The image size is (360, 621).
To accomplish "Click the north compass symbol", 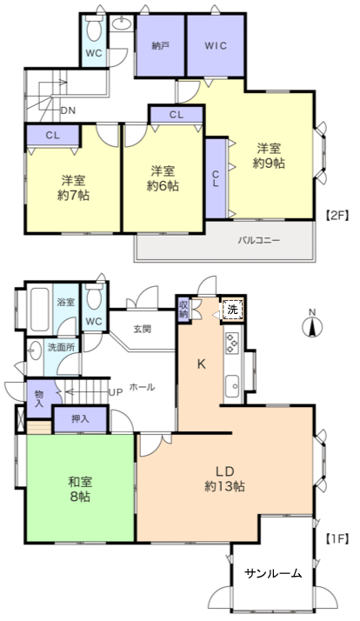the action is (x=312, y=324).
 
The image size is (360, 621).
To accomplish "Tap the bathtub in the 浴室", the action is (x=40, y=309).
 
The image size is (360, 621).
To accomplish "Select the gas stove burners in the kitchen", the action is (x=231, y=343).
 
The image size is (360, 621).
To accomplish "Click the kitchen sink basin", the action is (x=232, y=385).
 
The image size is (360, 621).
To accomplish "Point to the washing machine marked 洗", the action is (x=232, y=310).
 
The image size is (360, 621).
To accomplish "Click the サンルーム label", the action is (x=273, y=573).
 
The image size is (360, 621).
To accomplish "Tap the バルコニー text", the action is (x=259, y=240).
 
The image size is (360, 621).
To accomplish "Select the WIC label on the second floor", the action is (x=216, y=45).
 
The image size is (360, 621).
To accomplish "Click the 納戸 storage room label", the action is (x=160, y=46).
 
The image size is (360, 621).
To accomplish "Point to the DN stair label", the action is (x=68, y=110).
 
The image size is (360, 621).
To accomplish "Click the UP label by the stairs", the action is (x=116, y=392).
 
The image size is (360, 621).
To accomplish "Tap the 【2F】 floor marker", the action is (x=337, y=216).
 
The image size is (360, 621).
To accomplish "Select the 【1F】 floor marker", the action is (x=337, y=538).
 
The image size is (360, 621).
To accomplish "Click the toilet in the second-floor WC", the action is (x=94, y=28).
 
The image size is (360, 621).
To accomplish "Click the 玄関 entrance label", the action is (x=143, y=329).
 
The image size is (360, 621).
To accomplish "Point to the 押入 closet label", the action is (x=80, y=419).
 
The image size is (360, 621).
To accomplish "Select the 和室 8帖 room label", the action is (x=80, y=489).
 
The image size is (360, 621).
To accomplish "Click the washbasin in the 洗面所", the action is (x=36, y=351).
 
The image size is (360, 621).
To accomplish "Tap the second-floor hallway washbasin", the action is (x=122, y=24).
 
